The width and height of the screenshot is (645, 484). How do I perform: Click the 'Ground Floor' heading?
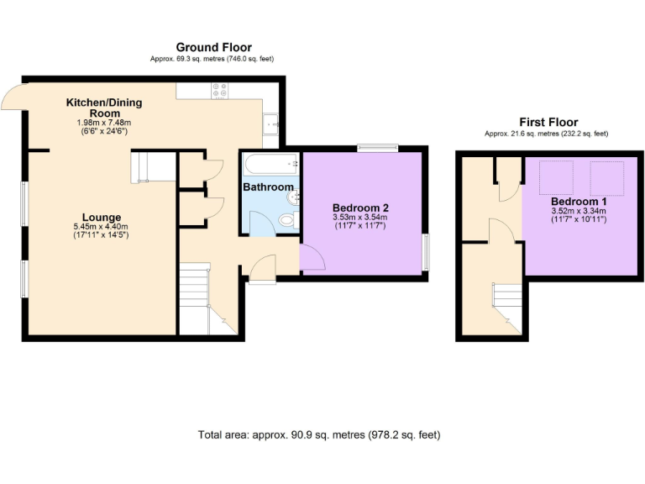[213, 47]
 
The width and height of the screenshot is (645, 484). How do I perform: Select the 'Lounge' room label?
[102, 218]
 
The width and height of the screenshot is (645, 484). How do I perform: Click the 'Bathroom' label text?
[269, 187]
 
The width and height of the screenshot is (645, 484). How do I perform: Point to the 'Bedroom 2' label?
[360, 208]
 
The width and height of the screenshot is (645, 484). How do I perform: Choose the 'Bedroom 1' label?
[579, 203]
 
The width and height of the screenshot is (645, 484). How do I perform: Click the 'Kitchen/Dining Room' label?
[104, 108]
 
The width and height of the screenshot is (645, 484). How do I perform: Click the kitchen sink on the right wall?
[271, 124]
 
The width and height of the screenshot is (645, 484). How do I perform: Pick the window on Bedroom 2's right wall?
[425, 251]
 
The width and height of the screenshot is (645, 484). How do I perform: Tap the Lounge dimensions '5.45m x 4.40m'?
[102, 227]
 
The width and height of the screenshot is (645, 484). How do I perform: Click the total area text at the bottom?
[319, 435]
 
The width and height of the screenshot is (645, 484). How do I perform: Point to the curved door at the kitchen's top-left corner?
[12, 98]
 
